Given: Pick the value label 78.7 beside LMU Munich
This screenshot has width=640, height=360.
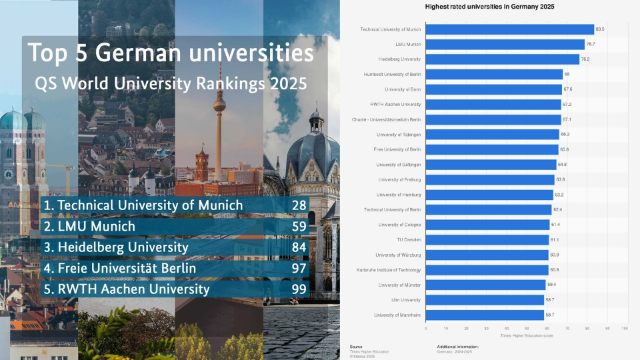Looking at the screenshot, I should click(x=590, y=45).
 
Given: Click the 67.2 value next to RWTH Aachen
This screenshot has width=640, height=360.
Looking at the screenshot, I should click(x=567, y=105).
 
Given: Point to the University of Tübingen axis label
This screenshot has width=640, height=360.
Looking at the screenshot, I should click(x=398, y=135).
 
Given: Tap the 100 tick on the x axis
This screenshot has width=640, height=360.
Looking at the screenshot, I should click(x=625, y=329).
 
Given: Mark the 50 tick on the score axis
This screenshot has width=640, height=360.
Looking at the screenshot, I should click(x=526, y=329).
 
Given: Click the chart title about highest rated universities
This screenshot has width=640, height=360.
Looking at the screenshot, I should click(x=490, y=6).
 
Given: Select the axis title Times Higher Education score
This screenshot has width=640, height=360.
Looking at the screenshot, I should click(x=526, y=336).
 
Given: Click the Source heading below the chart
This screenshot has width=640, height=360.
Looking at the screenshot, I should click(x=356, y=347).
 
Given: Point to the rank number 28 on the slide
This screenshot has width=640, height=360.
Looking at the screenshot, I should click(x=299, y=205).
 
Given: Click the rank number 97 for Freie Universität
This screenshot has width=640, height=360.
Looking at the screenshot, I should click(x=299, y=268).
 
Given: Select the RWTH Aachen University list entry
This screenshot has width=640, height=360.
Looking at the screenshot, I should click(x=127, y=289).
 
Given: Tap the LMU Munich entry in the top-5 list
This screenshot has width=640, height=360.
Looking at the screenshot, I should click(x=89, y=227).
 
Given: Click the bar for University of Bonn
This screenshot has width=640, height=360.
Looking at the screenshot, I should click(x=493, y=89).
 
